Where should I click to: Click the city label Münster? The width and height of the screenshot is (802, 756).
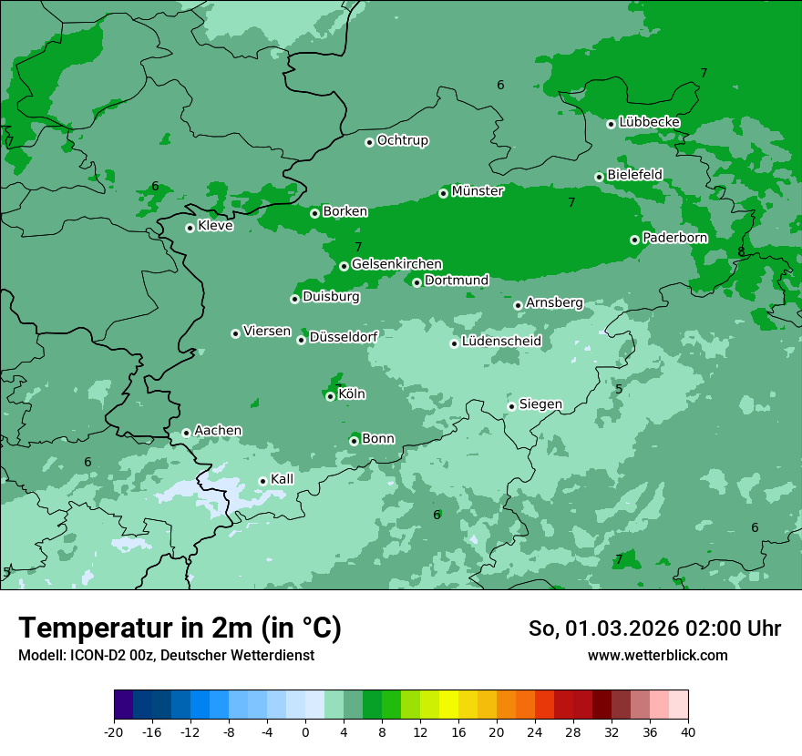(x=477, y=191)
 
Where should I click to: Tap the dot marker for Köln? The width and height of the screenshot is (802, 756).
(x=330, y=396)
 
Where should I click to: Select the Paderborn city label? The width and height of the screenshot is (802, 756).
(x=674, y=238)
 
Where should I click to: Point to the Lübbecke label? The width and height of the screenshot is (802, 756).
(x=649, y=122)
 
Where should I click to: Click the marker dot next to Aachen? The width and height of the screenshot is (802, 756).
(x=186, y=433)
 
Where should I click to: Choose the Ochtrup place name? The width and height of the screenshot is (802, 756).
(x=402, y=140)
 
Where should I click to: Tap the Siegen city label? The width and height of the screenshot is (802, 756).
(x=540, y=404)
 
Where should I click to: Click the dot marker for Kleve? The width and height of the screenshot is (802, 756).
(x=190, y=228)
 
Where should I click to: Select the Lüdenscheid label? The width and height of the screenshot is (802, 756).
(x=501, y=342)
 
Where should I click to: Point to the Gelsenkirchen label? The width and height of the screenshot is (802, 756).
(x=396, y=264)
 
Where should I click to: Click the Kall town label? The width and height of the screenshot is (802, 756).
(x=283, y=479)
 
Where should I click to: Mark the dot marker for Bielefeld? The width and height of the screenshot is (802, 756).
(x=599, y=177)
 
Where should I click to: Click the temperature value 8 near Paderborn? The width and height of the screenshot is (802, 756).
(x=741, y=251)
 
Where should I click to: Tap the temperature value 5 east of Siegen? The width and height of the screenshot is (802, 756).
(x=619, y=389)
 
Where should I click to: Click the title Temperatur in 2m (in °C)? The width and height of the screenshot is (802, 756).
(x=180, y=628)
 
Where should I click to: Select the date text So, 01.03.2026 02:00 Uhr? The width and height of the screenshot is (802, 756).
(x=654, y=628)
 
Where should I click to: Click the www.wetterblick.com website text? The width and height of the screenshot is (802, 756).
(x=657, y=656)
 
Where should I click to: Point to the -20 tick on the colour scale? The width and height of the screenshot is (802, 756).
(x=114, y=731)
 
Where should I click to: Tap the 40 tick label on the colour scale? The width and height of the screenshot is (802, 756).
(x=687, y=731)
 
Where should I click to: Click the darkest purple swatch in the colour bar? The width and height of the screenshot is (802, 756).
(x=123, y=705)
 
